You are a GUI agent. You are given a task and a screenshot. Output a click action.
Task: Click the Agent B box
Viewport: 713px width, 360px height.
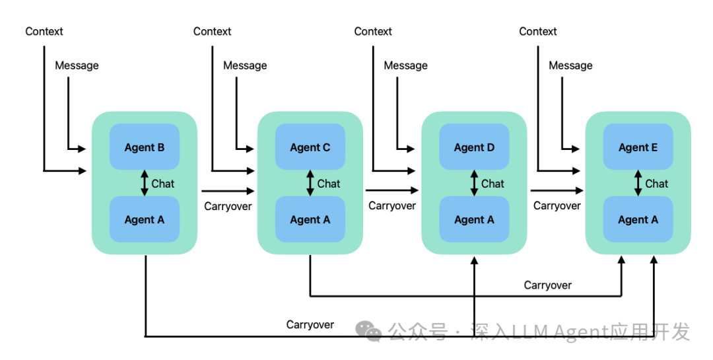click(x=145, y=147)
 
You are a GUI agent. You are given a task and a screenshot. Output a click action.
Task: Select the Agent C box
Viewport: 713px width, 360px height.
click(x=310, y=147)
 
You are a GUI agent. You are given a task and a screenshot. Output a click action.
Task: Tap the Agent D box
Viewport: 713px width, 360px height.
click(x=474, y=147)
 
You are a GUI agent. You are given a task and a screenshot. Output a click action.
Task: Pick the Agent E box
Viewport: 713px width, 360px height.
click(x=638, y=147)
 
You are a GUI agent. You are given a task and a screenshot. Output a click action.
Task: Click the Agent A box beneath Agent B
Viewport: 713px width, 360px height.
click(x=145, y=219)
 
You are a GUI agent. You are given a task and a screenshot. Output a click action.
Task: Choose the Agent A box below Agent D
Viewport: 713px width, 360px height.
click(x=474, y=219)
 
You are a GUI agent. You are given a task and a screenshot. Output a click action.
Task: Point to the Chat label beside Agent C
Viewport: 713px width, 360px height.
click(x=328, y=184)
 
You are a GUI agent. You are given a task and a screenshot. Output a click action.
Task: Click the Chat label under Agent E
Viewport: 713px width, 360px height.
click(x=657, y=184)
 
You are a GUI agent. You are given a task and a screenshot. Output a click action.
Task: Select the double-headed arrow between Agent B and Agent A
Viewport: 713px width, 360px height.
click(x=145, y=183)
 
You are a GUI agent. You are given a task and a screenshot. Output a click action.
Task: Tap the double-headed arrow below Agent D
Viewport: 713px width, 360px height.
click(x=474, y=183)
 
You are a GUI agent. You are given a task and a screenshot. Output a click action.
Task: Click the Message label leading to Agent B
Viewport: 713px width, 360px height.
click(x=77, y=65)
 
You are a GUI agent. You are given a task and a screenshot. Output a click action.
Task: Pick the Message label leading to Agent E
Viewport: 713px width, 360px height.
click(x=570, y=65)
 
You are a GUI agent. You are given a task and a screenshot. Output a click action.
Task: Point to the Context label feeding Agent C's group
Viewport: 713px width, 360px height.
click(x=213, y=32)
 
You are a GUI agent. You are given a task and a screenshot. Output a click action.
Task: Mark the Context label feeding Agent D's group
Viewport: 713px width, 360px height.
click(x=373, y=32)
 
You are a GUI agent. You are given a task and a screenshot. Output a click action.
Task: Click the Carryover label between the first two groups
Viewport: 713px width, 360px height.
click(x=228, y=207)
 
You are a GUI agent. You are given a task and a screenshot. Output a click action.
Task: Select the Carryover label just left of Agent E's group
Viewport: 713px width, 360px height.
click(x=557, y=206)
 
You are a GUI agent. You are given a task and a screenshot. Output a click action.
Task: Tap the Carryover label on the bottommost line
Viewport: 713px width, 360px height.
click(x=310, y=325)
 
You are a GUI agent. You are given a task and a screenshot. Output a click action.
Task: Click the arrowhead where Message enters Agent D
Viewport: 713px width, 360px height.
click(x=411, y=149)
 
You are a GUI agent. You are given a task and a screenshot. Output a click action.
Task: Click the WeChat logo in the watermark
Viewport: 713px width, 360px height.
click(x=368, y=331)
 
